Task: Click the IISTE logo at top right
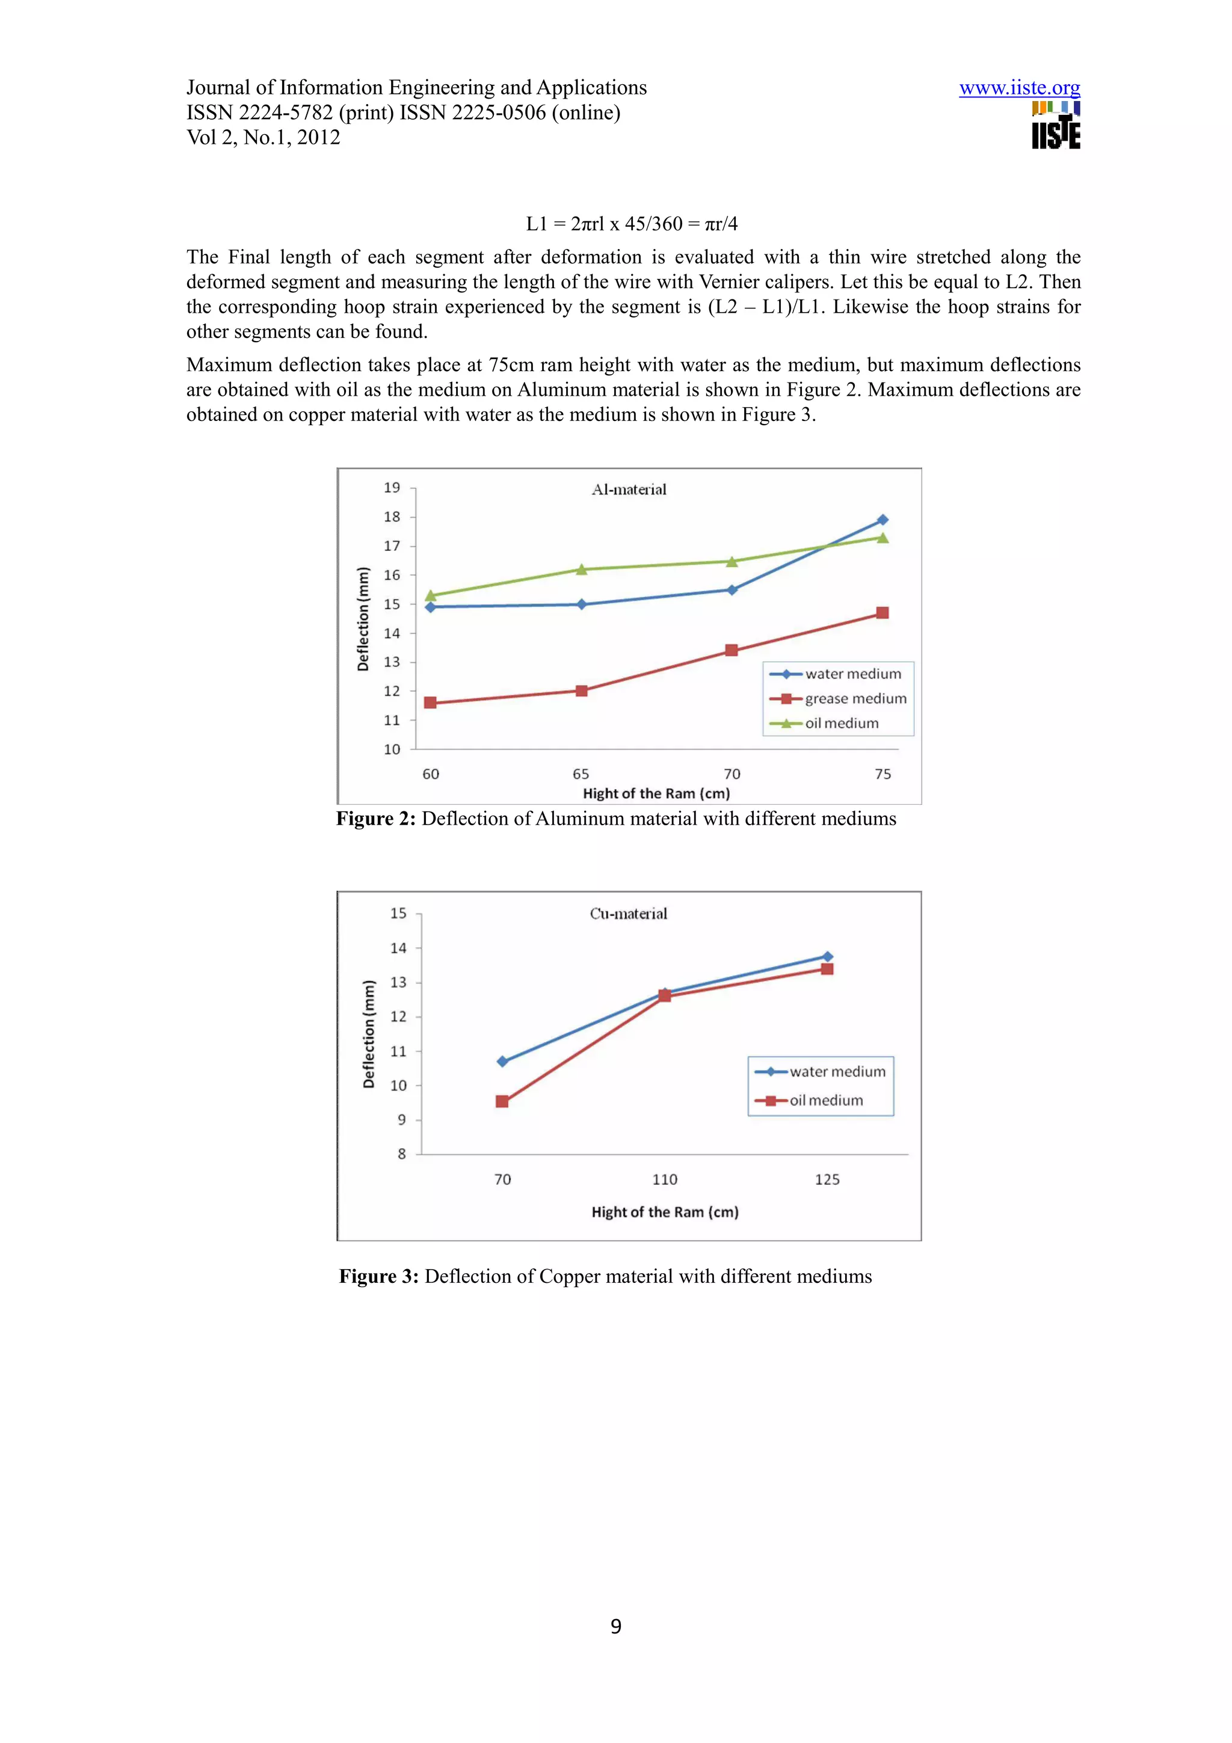(x=1055, y=126)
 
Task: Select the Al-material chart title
(x=629, y=490)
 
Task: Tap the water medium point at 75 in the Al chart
(x=882, y=520)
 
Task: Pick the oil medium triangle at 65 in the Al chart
(x=582, y=570)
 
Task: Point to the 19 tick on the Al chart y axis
(x=392, y=487)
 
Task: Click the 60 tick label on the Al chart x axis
(x=430, y=773)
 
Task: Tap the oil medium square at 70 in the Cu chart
(x=502, y=1101)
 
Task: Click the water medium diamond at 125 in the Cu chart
(x=827, y=956)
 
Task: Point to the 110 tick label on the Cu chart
(x=664, y=1179)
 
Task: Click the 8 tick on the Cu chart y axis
(x=402, y=1154)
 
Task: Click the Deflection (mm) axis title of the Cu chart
(x=369, y=1034)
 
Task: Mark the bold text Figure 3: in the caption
(x=378, y=1276)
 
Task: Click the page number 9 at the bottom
(x=615, y=1626)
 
